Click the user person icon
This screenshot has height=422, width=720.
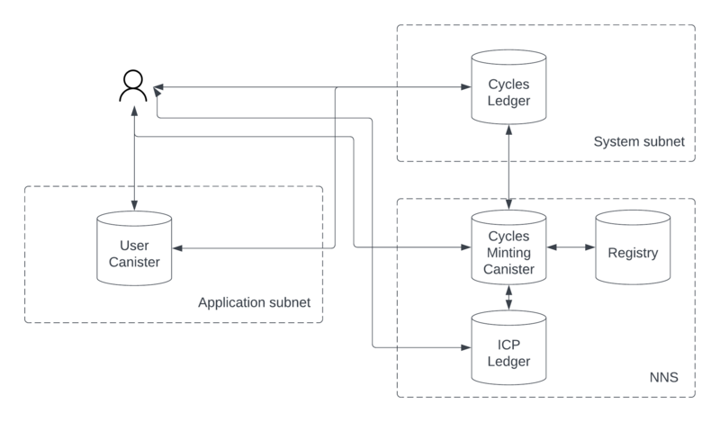tap(133, 85)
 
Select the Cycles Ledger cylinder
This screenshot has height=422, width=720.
tap(508, 87)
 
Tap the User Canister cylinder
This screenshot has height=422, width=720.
tap(134, 248)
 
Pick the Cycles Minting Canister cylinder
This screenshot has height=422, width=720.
tap(508, 247)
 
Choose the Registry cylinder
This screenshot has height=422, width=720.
tap(633, 247)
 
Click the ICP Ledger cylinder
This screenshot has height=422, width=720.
tap(508, 347)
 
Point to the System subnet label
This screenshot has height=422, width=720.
tap(639, 141)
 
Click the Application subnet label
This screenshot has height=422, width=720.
tap(254, 302)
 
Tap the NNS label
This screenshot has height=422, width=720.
tap(663, 377)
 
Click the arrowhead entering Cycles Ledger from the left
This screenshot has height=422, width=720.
tap(466, 86)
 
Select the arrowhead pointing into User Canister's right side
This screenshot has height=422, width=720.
tap(177, 248)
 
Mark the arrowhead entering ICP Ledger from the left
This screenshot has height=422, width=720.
tap(466, 347)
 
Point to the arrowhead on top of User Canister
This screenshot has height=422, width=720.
tap(134, 205)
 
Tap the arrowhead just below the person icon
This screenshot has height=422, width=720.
tap(134, 112)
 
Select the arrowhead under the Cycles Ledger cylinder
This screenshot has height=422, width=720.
tap(508, 130)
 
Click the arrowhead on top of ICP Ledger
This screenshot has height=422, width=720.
tap(508, 305)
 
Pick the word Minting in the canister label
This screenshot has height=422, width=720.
tap(508, 253)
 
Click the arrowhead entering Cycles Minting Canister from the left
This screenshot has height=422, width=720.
tap(466, 247)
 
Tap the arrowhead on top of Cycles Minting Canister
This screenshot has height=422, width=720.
tap(508, 204)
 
